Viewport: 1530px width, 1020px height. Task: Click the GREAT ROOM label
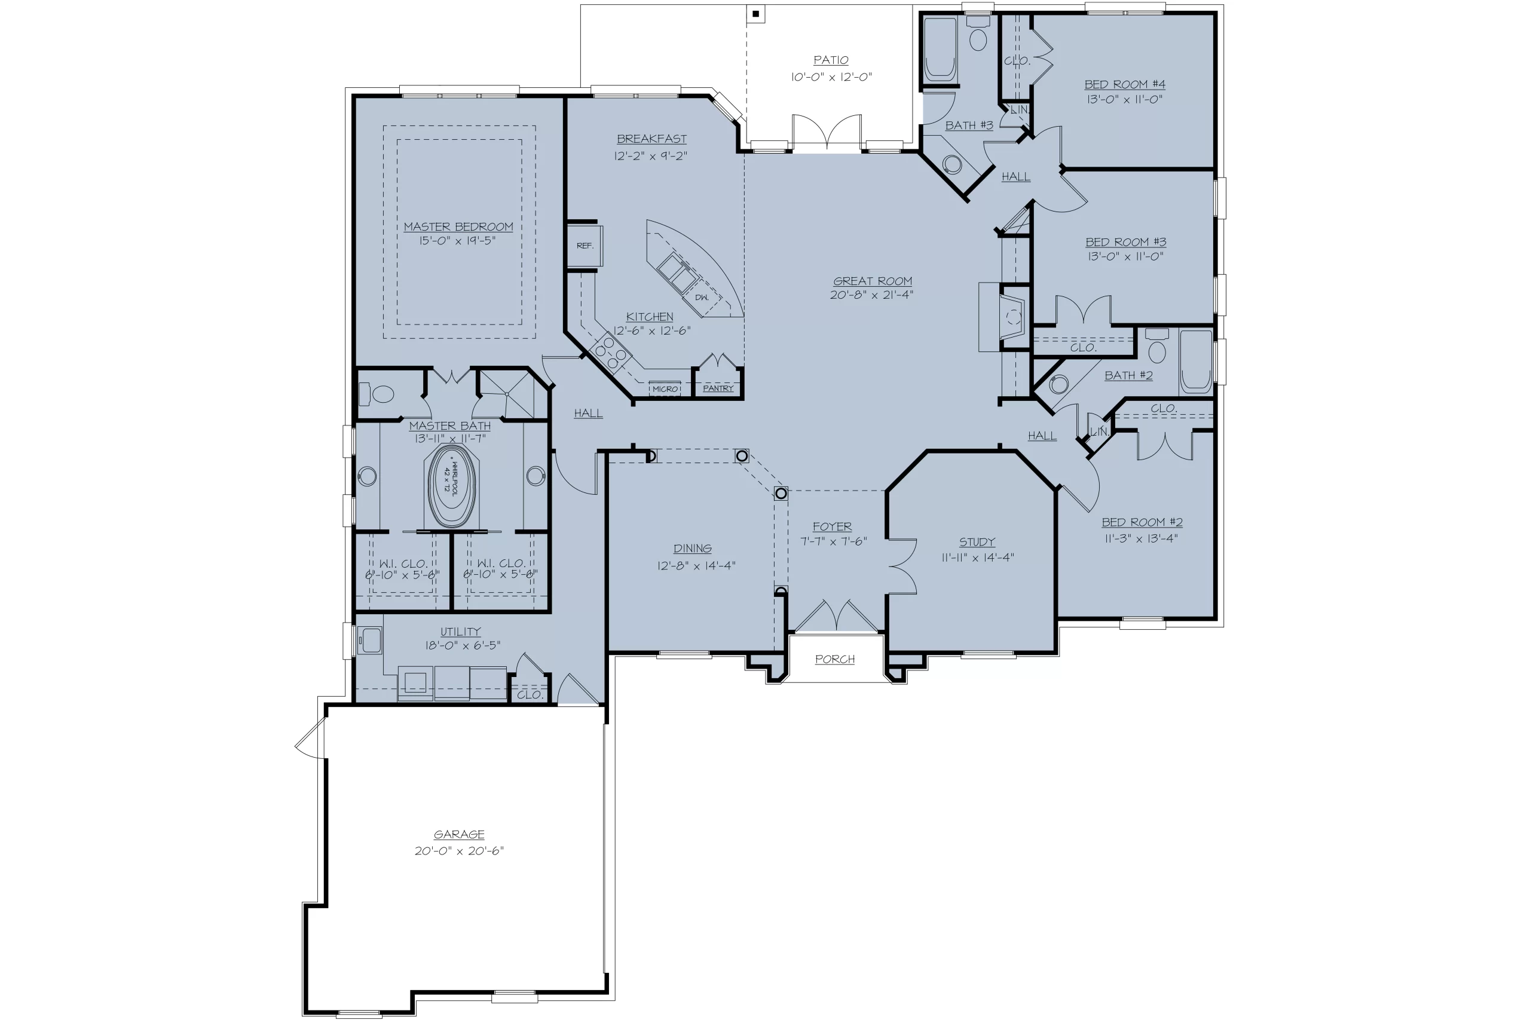[x=873, y=281]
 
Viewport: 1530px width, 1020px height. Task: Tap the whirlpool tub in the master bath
[x=451, y=485]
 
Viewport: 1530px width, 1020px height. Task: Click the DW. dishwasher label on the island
[x=702, y=298]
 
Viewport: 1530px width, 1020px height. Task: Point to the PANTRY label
[x=718, y=388]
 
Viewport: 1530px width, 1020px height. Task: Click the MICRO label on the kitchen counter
[x=665, y=389]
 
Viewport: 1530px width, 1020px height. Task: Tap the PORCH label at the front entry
[x=836, y=659]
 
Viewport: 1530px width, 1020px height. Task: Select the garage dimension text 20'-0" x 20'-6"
[x=459, y=850]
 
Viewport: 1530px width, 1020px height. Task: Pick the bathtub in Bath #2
[x=1196, y=361]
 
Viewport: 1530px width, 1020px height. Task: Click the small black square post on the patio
[x=755, y=14]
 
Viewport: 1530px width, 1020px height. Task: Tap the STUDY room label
[x=977, y=542]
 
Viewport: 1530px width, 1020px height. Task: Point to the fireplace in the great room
[x=1005, y=317]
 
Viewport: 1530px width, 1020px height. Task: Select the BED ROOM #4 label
[x=1125, y=84]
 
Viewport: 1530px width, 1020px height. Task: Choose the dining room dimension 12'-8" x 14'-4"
[x=696, y=565]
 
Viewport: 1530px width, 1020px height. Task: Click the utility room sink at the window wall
[x=369, y=640]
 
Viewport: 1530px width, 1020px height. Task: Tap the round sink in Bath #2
[x=1059, y=384]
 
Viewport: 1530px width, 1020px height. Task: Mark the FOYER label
[x=832, y=526]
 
